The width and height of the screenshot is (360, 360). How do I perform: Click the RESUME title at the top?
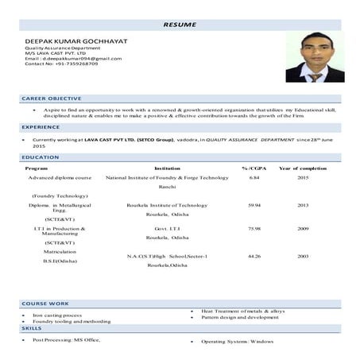(180, 25)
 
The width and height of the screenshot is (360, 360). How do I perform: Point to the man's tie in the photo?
(315, 77)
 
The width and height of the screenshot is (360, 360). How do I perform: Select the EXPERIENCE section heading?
(41, 127)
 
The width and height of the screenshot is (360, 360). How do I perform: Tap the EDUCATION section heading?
(41, 157)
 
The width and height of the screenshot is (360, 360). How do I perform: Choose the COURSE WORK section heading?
(45, 304)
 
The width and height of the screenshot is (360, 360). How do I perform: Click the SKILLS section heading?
(32, 328)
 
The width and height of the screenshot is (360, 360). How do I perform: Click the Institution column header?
(167, 168)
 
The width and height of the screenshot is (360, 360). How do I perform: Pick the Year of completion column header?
(303, 168)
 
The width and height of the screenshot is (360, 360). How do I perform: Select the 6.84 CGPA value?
(254, 178)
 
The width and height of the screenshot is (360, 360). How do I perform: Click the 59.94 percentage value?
(254, 205)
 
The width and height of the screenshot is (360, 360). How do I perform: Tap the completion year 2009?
(303, 229)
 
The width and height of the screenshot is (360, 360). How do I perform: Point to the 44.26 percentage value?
(254, 257)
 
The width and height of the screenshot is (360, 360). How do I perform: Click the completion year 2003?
(303, 257)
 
